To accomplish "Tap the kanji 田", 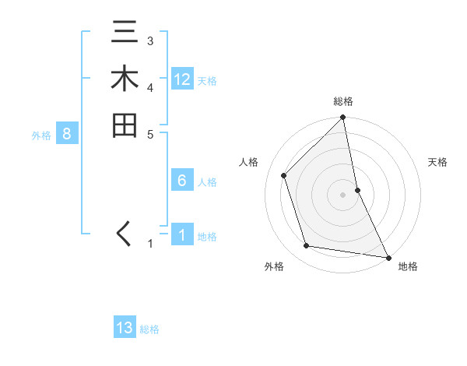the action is point(125,125).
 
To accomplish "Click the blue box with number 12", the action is point(182,79).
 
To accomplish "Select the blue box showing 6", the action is point(182,181).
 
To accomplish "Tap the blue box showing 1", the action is point(182,235).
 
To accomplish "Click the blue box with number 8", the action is point(67,134).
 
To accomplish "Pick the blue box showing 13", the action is point(125,328).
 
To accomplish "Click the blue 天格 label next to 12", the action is point(207,81).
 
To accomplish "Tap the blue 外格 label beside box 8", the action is point(41,135).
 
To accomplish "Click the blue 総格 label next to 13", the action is point(149,329).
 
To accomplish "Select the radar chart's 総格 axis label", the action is point(343,101).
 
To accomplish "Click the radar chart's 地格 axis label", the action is point(408,267).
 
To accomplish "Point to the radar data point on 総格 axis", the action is point(343,118).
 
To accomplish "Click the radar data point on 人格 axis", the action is point(284,175).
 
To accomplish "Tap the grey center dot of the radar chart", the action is point(343,194).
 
